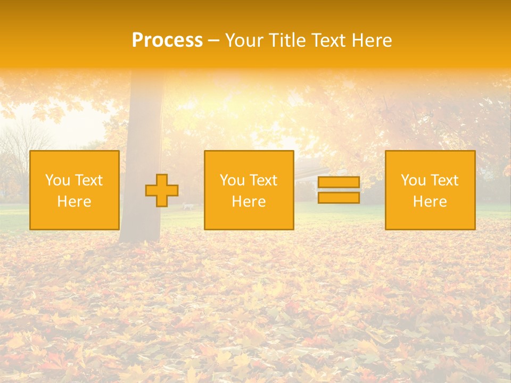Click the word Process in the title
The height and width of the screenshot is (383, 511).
(167, 40)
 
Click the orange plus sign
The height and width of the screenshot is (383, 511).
(162, 190)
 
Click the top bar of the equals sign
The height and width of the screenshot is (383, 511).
(339, 182)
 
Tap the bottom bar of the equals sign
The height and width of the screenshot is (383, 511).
(339, 197)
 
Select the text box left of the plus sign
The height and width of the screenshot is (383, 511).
(75, 190)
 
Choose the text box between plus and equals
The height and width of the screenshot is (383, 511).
(249, 190)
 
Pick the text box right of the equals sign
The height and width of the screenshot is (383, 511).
(430, 190)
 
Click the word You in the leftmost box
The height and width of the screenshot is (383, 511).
(57, 180)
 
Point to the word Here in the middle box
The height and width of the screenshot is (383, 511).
(249, 202)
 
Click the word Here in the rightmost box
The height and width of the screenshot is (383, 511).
(430, 202)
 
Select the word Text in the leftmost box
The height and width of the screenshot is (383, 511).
(88, 180)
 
